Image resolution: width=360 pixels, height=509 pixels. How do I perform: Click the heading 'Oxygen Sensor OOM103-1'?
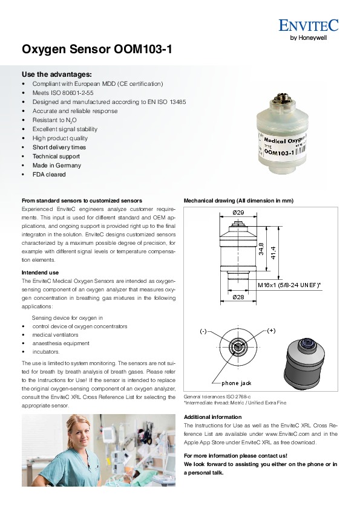tap(97, 50)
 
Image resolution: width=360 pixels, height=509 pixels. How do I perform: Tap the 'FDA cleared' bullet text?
tap(49, 174)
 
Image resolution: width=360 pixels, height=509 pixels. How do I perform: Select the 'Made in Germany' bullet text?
tap(56, 165)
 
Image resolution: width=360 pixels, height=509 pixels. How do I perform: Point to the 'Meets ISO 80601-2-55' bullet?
tap(63, 93)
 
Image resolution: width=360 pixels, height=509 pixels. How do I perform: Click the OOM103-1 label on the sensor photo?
tap(279, 152)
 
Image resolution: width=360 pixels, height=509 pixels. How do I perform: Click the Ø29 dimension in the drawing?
tap(238, 213)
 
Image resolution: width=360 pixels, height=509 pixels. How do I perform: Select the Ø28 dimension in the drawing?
tap(238, 297)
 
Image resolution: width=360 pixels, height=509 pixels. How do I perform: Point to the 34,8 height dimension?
tap(261, 249)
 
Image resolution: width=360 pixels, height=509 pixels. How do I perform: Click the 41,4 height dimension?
tap(273, 253)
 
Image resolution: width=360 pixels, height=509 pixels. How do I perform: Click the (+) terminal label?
tap(271, 331)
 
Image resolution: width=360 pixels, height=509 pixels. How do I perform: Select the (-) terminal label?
tap(203, 331)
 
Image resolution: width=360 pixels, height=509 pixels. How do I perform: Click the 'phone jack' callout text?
tap(236, 383)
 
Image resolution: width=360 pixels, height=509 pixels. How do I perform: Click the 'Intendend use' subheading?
tap(41, 273)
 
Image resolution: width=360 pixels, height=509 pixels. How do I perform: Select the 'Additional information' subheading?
tap(213, 417)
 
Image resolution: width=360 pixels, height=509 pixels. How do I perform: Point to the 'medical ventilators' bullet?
tap(55, 335)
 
